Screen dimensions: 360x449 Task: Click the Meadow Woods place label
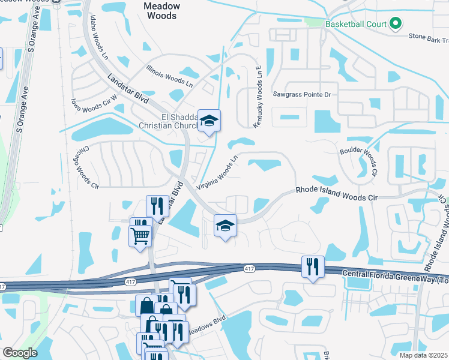[161, 10]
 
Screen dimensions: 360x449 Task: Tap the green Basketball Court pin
[395, 25]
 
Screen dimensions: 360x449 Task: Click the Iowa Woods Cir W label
[93, 106]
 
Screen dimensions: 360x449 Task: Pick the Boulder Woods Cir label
[358, 162]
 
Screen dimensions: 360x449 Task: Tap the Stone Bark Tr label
[428, 37]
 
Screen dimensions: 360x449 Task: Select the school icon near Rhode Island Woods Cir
[225, 226]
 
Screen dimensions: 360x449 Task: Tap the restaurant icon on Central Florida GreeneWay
[313, 266]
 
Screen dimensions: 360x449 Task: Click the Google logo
[20, 353]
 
